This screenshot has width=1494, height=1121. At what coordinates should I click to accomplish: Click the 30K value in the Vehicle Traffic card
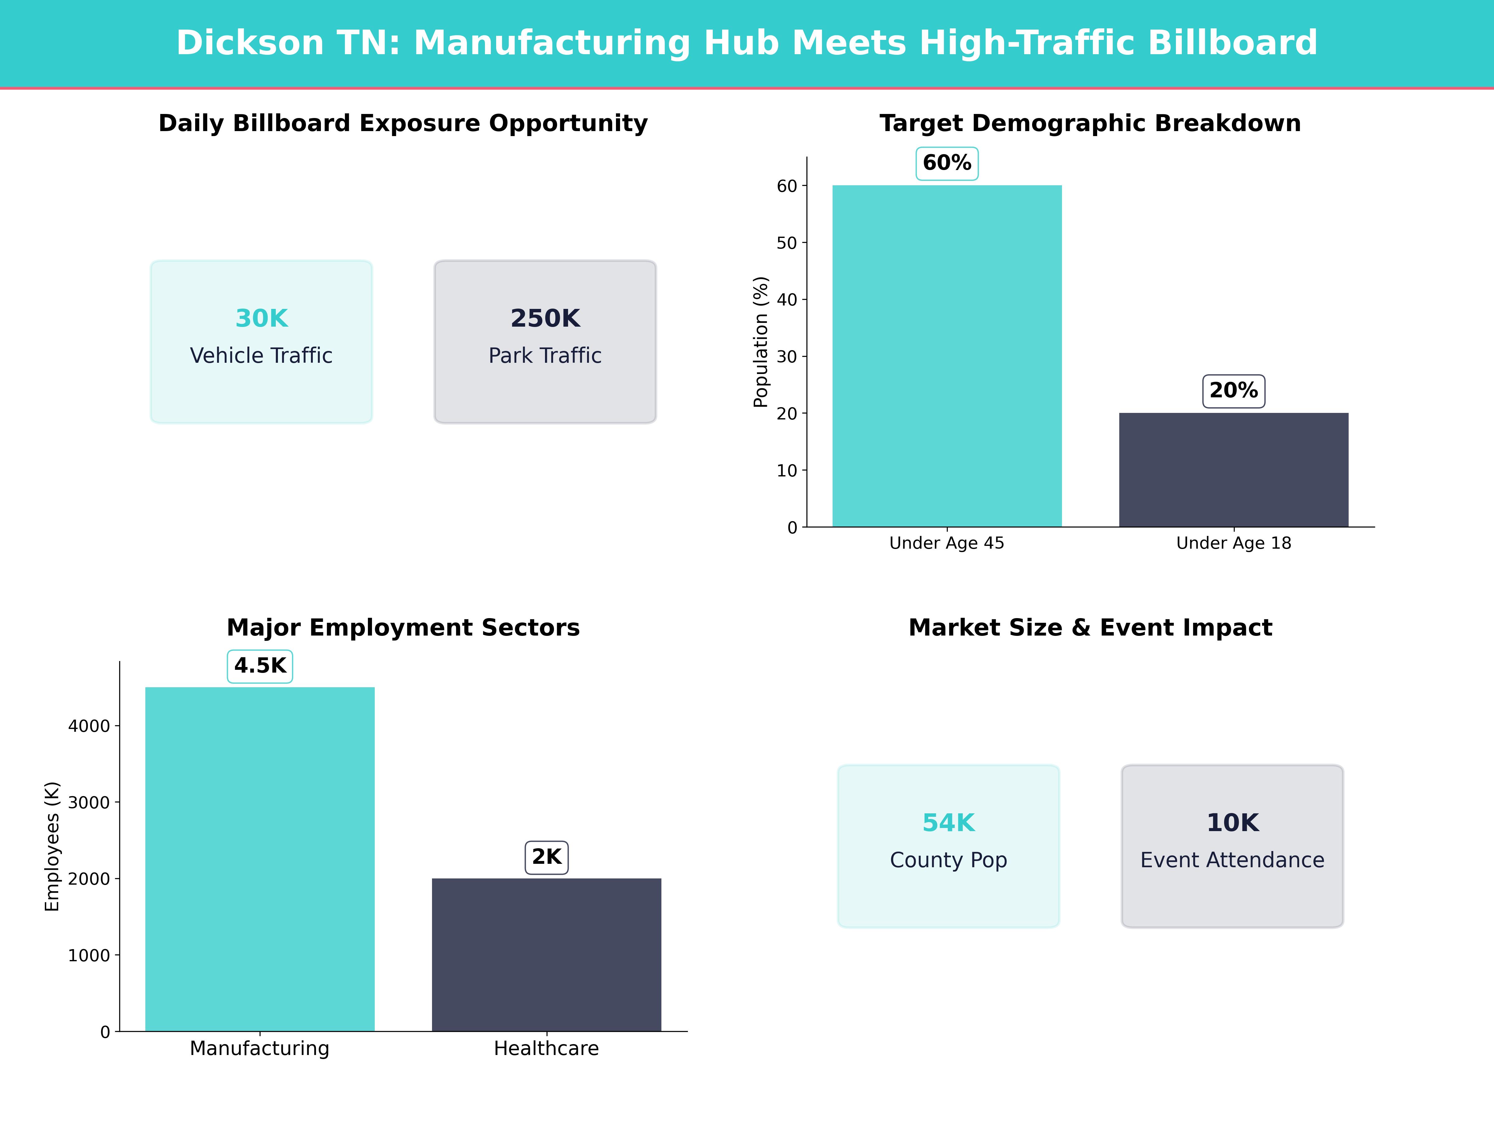click(x=261, y=318)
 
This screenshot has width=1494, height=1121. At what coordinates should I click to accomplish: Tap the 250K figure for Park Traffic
click(x=545, y=318)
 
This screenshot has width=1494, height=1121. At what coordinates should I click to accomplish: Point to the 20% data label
click(x=1233, y=390)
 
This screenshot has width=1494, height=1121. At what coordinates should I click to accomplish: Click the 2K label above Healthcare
click(x=547, y=857)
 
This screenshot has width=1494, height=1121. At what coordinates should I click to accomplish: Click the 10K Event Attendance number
click(x=1233, y=823)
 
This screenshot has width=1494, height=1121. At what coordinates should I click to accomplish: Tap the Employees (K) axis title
click(x=52, y=846)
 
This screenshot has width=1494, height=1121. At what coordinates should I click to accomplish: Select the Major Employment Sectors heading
click(x=403, y=628)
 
